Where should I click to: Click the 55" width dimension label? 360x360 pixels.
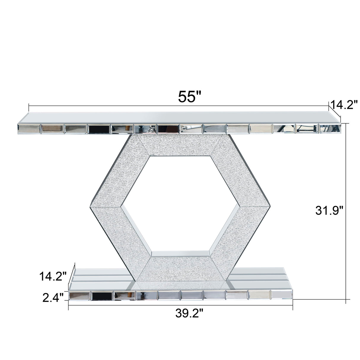(190, 96)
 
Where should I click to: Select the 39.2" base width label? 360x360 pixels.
(189, 314)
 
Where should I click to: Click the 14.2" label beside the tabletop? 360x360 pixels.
(344, 105)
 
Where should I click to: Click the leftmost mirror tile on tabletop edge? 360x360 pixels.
(29, 128)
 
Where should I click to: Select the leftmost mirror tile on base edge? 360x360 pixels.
(79, 295)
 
